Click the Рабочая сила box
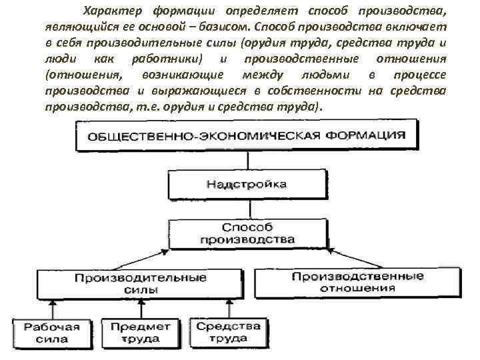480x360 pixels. (52, 333)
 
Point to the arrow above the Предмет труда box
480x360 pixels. (140, 308)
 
